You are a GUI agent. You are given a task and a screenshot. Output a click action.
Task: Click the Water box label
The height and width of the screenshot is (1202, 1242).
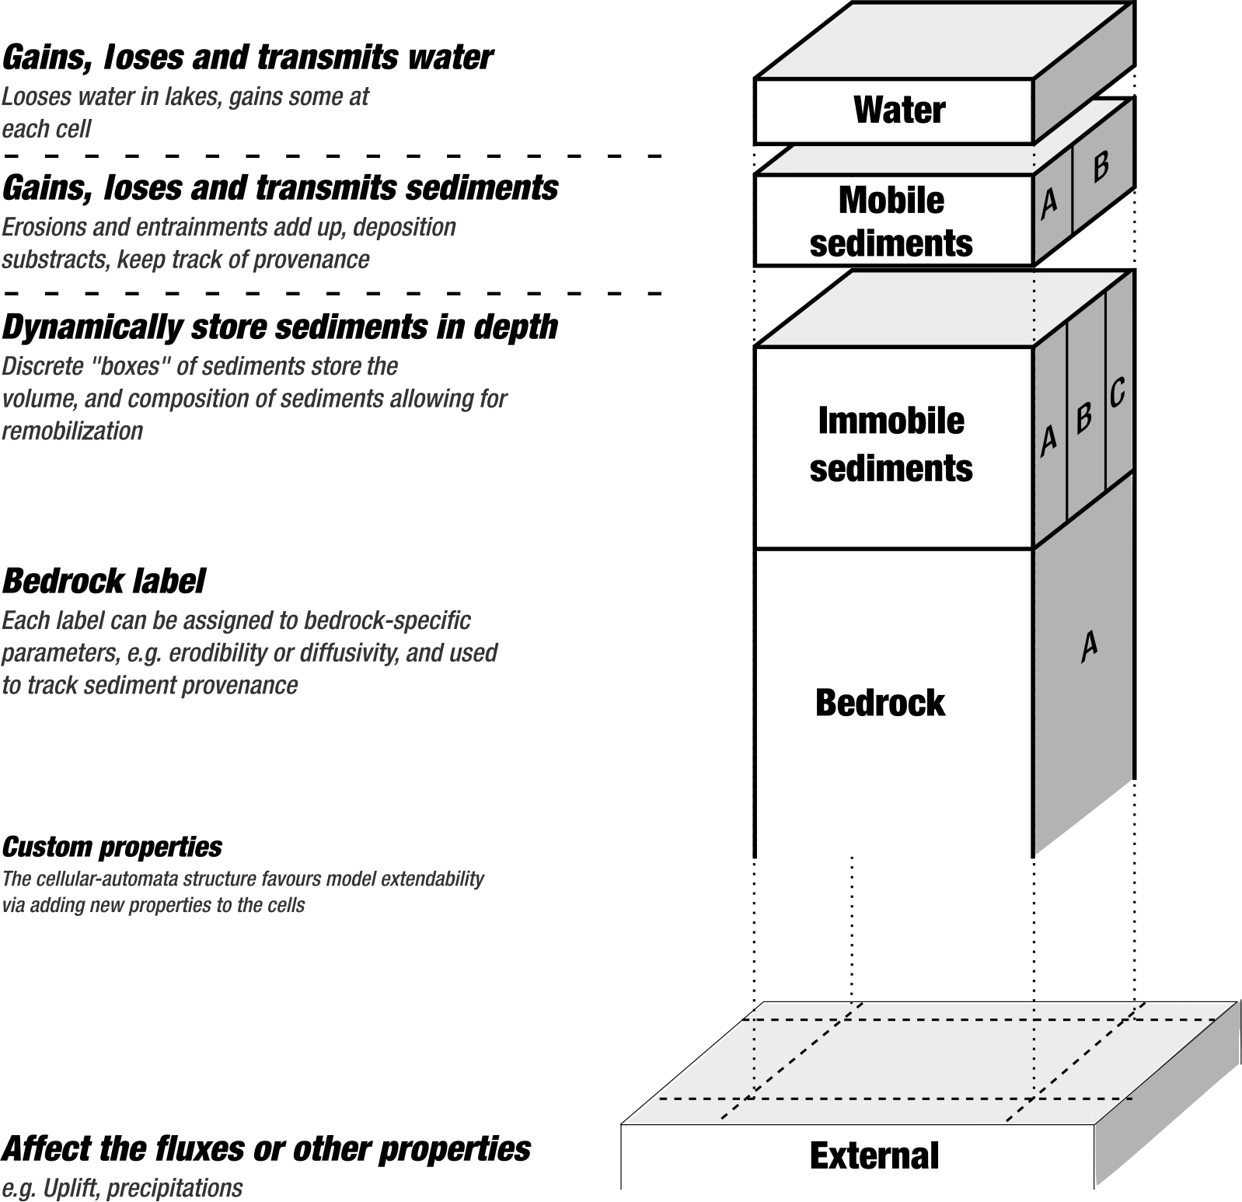point(899,110)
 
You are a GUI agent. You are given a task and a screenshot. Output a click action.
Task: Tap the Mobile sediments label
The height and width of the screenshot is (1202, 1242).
point(891,222)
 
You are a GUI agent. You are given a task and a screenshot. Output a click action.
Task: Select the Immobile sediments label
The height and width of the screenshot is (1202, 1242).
point(891,445)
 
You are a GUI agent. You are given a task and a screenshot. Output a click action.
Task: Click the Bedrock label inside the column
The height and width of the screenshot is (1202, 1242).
point(880,703)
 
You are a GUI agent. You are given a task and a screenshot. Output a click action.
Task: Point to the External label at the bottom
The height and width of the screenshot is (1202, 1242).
point(874,1155)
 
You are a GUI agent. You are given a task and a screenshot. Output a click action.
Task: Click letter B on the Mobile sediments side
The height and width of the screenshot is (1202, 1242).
point(1101,166)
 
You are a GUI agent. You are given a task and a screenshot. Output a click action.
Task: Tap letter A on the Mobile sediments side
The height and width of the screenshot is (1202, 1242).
point(1049,202)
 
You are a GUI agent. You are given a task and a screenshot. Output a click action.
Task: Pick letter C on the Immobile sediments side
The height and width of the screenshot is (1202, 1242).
point(1117,393)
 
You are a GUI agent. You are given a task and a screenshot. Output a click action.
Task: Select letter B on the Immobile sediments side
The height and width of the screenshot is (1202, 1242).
point(1084,418)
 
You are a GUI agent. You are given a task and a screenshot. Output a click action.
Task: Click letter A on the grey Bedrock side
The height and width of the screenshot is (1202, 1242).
point(1089,645)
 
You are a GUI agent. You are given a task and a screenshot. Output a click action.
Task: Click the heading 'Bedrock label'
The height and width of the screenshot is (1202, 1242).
point(104,582)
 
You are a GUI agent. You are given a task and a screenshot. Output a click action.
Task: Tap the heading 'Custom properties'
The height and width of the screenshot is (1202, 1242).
point(112,847)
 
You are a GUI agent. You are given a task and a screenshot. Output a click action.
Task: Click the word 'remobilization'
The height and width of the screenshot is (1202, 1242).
point(72,431)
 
